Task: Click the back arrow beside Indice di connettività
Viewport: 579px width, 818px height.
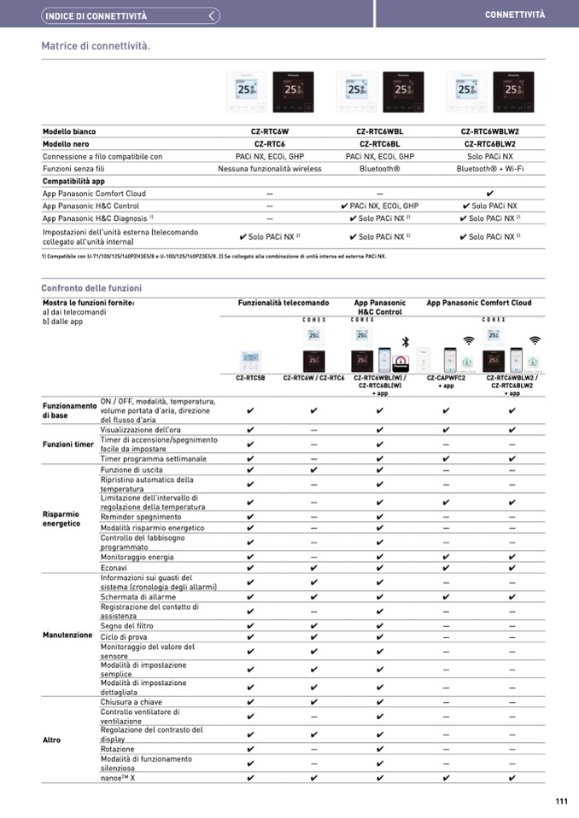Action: click(213, 15)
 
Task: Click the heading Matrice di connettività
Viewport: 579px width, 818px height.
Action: click(96, 45)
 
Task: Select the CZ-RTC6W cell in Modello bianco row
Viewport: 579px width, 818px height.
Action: click(270, 132)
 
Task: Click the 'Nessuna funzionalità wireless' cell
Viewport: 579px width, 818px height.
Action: click(270, 169)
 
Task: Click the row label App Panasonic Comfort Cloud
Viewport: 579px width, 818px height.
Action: click(94, 194)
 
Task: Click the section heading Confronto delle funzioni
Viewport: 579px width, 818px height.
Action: click(91, 288)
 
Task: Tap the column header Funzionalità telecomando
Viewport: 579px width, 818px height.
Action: click(283, 303)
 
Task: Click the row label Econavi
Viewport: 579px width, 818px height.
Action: click(114, 567)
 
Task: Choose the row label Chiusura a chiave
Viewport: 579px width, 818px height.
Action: click(131, 702)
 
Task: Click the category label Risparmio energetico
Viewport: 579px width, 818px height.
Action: click(61, 519)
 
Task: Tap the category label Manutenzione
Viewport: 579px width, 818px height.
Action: click(67, 635)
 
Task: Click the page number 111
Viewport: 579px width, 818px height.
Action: click(560, 801)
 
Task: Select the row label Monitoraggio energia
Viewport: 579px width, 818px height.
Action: click(137, 557)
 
